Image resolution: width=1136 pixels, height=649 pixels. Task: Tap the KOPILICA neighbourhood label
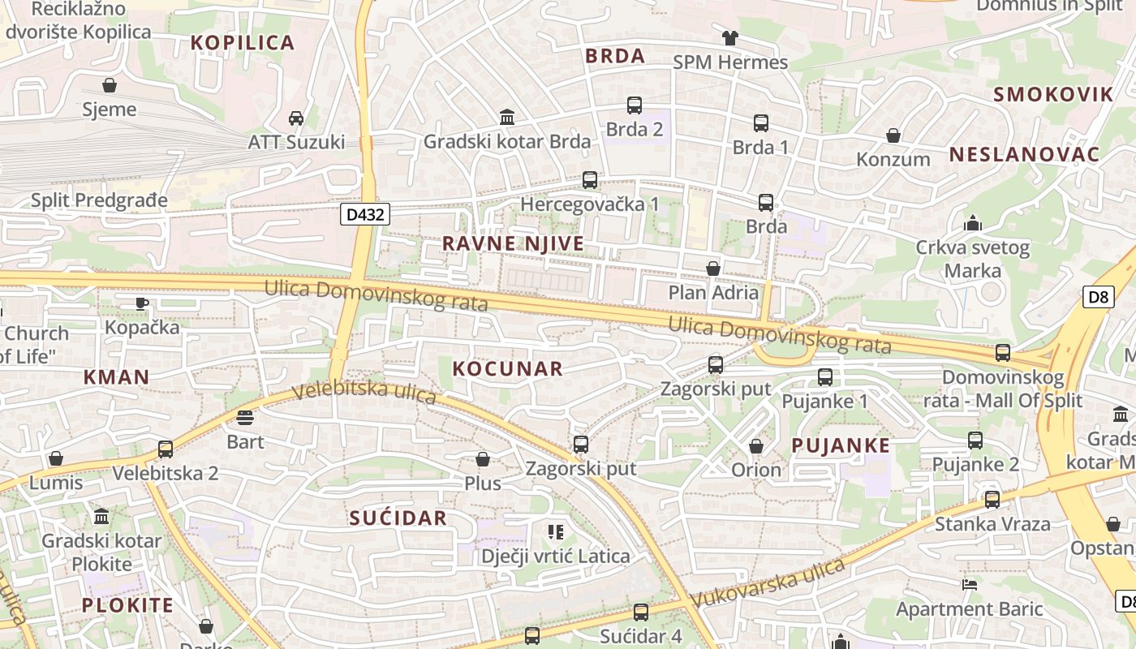243,43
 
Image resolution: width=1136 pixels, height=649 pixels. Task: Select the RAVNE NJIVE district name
513,243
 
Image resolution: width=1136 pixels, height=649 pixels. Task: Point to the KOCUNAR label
507,369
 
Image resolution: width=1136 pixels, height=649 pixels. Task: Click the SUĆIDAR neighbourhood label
398,518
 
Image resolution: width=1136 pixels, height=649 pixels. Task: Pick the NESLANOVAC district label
1024,155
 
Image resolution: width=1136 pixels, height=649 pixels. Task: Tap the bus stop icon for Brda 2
635,105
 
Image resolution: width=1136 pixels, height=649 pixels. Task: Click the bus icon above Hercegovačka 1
590,180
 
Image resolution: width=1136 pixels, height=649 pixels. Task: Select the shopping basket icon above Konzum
893,135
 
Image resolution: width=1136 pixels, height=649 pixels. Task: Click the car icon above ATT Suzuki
296,118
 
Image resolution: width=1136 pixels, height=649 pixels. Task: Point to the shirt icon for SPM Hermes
729,38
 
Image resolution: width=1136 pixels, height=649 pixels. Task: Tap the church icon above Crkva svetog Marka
972,223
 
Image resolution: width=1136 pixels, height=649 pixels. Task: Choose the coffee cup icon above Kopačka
142,303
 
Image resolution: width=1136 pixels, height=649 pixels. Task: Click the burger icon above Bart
245,418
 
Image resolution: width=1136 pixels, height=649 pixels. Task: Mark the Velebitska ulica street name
364,393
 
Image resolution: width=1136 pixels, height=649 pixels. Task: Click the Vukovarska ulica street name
768,582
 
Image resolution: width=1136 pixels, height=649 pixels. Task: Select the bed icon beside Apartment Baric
969,584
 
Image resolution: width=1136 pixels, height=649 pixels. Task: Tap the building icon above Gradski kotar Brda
507,118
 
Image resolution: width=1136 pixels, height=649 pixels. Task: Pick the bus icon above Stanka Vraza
992,500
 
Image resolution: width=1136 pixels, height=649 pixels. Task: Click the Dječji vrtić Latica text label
555,557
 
